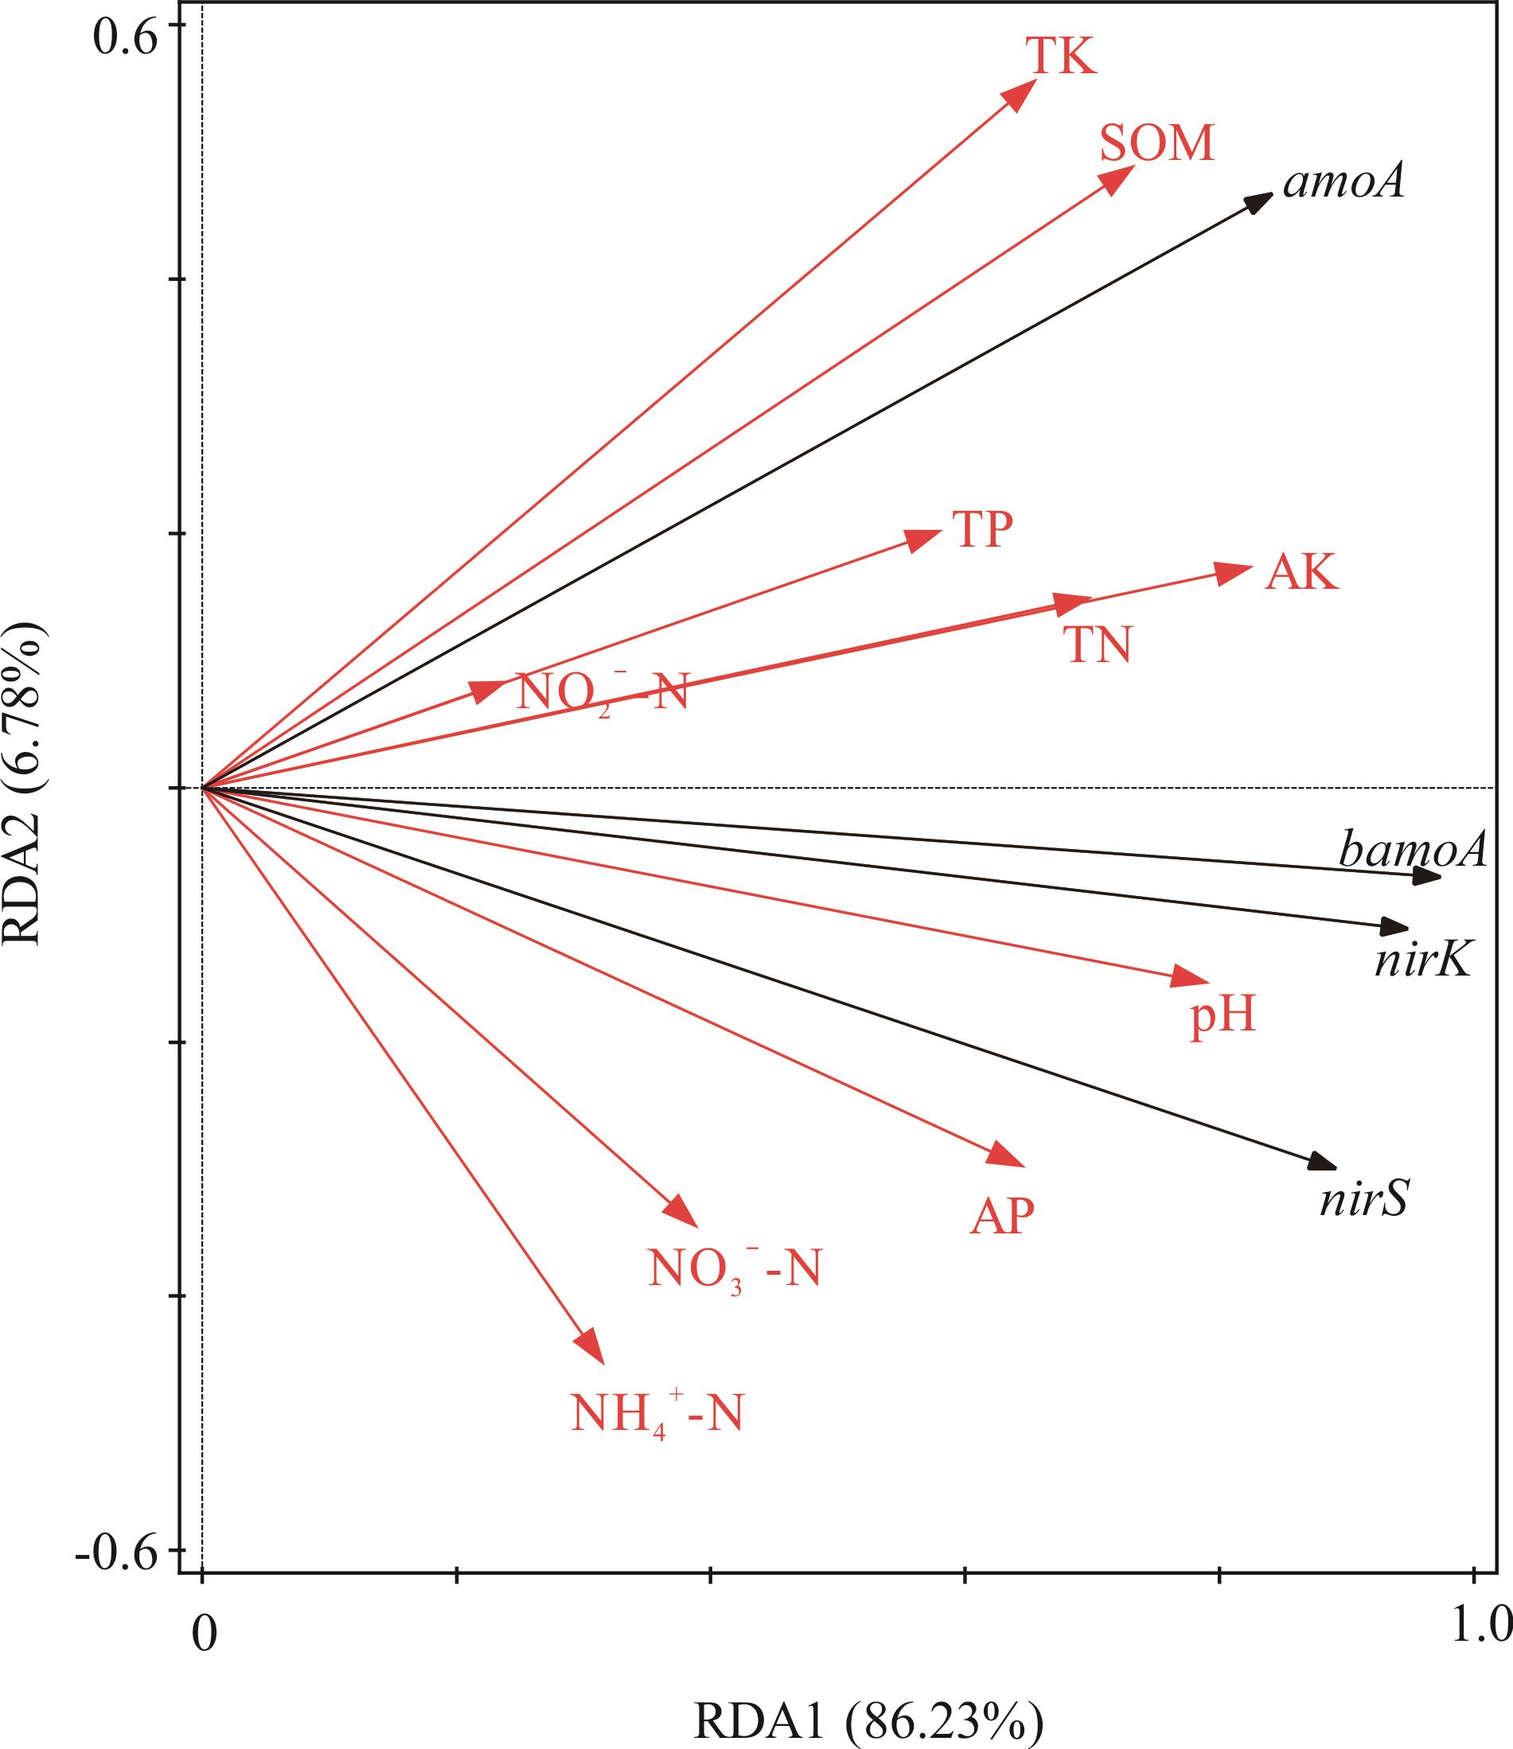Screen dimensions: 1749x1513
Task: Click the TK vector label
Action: [x=1061, y=56]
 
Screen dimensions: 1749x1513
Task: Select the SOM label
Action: [x=1156, y=143]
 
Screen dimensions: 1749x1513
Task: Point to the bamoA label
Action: [x=1413, y=850]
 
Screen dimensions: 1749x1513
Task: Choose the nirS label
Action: [x=1364, y=1199]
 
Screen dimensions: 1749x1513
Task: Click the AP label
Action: [x=1002, y=1217]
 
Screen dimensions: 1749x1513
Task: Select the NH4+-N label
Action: [x=657, y=1414]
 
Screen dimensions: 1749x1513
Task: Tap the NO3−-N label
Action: [x=735, y=1268]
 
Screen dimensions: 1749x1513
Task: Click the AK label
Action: [x=1301, y=573]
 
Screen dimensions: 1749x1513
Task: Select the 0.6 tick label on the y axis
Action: [x=125, y=38]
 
